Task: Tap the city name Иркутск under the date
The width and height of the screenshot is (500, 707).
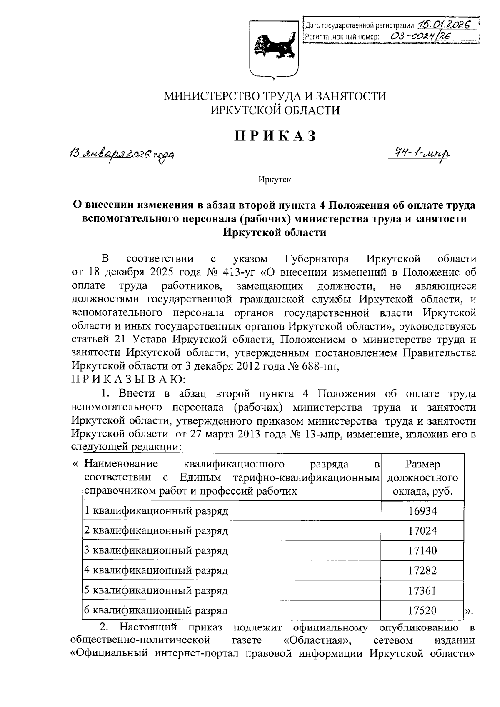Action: click(x=275, y=180)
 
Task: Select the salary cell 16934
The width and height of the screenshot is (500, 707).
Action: click(x=422, y=511)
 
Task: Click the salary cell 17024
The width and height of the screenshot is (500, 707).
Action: click(x=422, y=531)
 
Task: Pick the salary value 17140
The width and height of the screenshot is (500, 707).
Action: click(x=422, y=551)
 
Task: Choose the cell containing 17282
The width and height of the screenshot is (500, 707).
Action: click(x=422, y=571)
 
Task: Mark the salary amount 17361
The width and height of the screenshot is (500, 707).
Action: click(x=422, y=591)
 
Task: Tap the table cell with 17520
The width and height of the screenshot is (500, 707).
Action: click(x=422, y=611)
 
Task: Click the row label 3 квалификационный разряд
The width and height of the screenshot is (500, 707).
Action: click(x=156, y=551)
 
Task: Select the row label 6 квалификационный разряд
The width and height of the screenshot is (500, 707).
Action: click(x=156, y=611)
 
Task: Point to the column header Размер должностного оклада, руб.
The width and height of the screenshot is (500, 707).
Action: click(x=422, y=477)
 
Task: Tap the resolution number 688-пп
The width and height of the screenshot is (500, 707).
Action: click(x=317, y=366)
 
